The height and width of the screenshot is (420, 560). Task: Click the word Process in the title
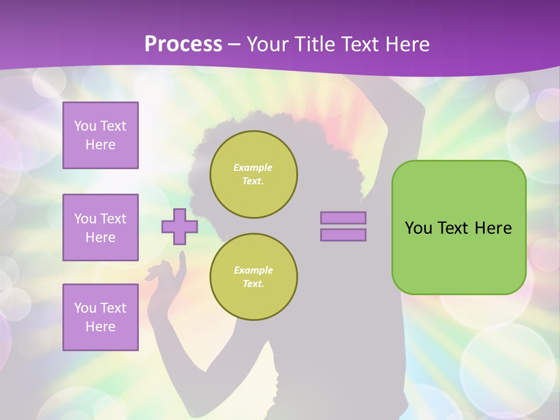[x=183, y=44]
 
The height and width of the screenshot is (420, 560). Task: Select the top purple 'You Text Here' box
[x=100, y=135]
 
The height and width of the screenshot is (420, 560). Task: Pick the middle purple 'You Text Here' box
[x=100, y=228]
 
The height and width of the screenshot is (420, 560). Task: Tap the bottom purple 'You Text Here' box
[x=100, y=317]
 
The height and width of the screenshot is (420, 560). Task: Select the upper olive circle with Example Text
[x=253, y=174]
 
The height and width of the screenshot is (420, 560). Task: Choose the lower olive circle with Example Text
[x=253, y=276]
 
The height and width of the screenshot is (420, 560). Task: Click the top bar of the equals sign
[x=343, y=218]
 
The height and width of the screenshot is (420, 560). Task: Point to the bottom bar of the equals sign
[x=343, y=235]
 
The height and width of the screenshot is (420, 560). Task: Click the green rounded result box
[x=459, y=257]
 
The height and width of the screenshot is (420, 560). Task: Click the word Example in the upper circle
[x=253, y=167]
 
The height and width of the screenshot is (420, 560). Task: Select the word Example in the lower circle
[x=253, y=270]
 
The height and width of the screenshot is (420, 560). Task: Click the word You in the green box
[x=418, y=228]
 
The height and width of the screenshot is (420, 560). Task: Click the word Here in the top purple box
[x=100, y=145]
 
